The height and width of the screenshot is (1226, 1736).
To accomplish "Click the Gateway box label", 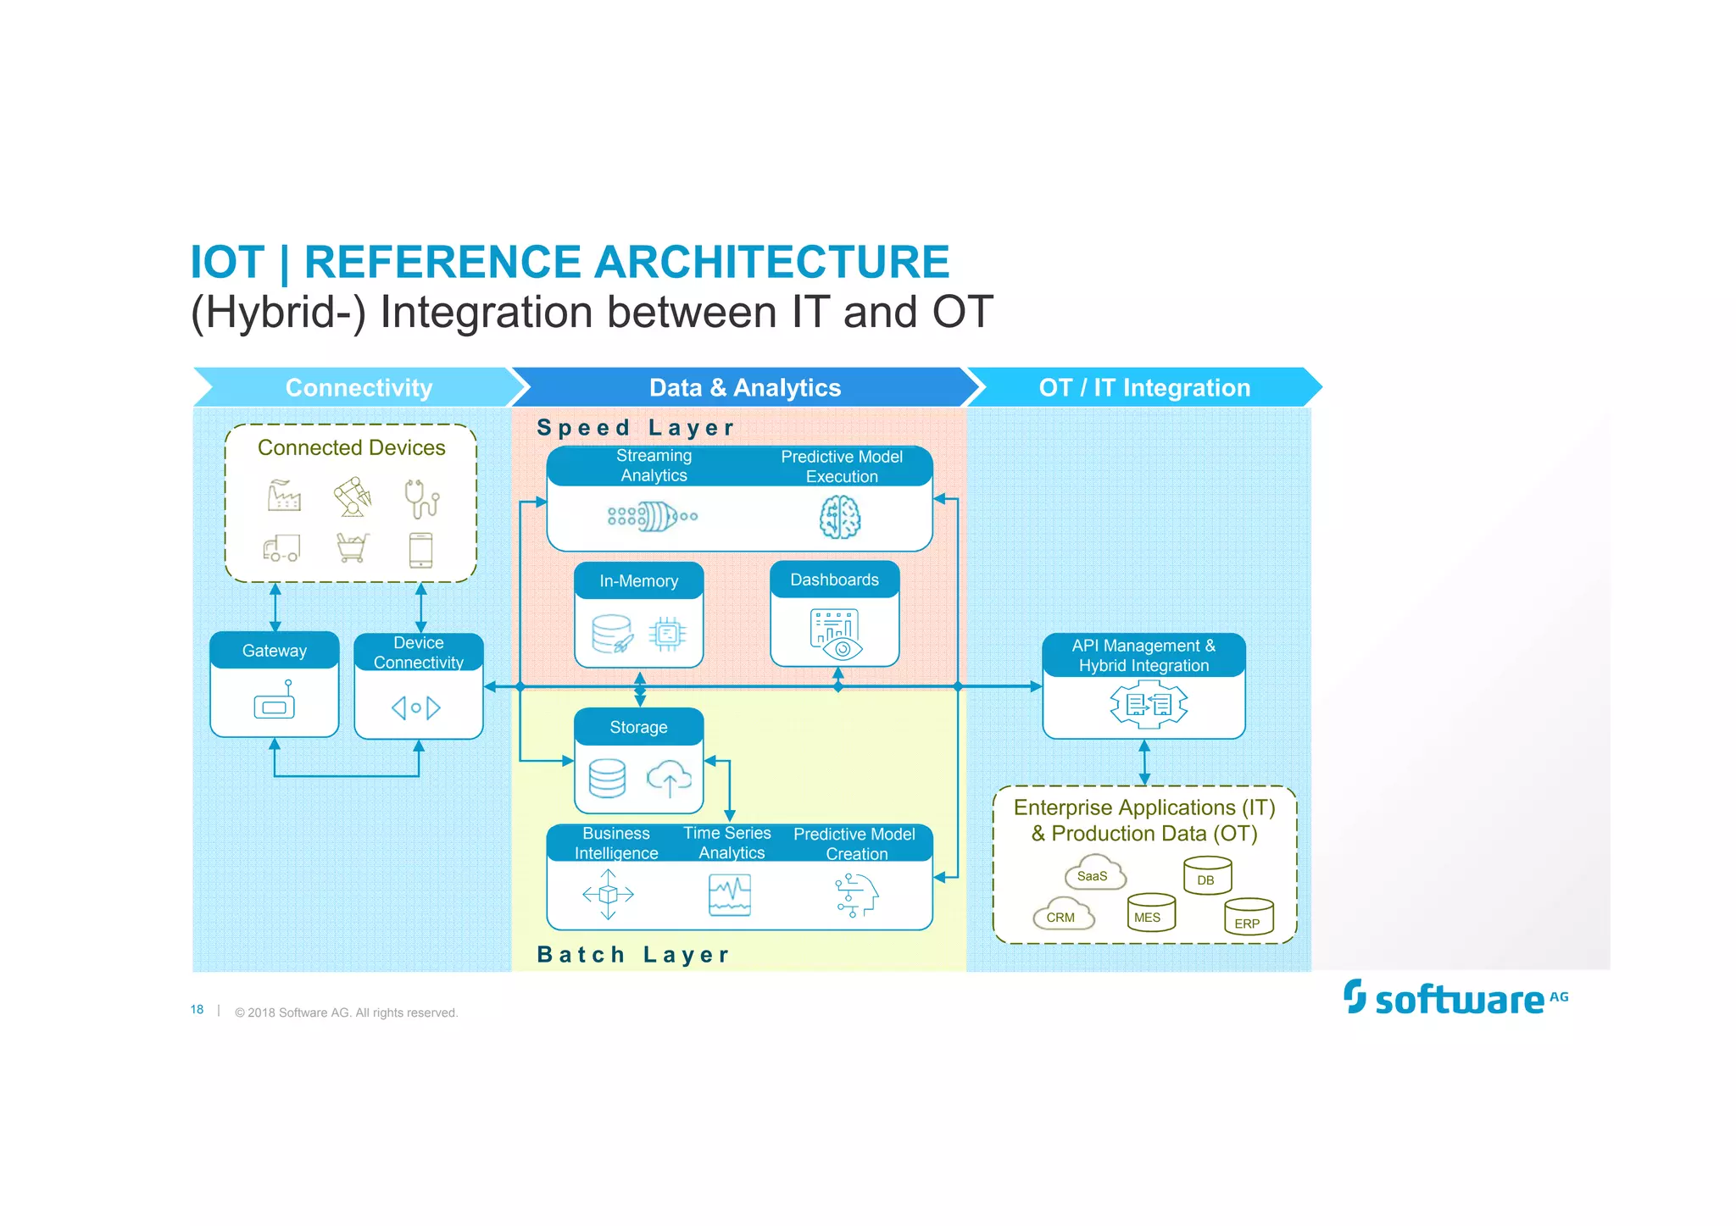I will [x=274, y=651].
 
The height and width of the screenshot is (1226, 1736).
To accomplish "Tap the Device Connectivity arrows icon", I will [x=415, y=707].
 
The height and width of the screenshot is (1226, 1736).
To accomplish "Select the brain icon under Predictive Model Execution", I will [x=840, y=517].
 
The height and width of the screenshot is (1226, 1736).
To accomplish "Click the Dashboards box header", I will [x=834, y=580].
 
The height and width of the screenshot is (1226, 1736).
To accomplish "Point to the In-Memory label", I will [x=638, y=581].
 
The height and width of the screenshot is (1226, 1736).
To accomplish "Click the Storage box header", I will [x=638, y=727].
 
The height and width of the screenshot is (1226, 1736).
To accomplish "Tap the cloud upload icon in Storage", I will [x=669, y=778].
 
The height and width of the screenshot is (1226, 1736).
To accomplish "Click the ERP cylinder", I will [x=1248, y=918].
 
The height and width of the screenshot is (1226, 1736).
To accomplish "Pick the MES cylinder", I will [x=1150, y=913].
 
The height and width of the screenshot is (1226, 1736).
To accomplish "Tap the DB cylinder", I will [x=1206, y=876].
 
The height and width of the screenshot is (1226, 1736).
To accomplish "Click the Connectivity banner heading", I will [x=359, y=388].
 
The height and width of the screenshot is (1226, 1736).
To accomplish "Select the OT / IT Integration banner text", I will [x=1143, y=388].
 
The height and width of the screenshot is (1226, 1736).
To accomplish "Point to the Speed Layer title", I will [x=635, y=428].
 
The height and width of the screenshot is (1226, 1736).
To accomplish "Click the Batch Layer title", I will [x=633, y=955].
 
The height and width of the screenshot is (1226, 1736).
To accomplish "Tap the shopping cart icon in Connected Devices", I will [x=352, y=547].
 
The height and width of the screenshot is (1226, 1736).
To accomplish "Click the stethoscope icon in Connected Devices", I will [x=421, y=499].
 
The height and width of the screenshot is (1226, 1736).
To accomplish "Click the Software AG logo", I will [x=1455, y=998].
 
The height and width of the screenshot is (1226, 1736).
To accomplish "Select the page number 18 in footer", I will [x=197, y=1010].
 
